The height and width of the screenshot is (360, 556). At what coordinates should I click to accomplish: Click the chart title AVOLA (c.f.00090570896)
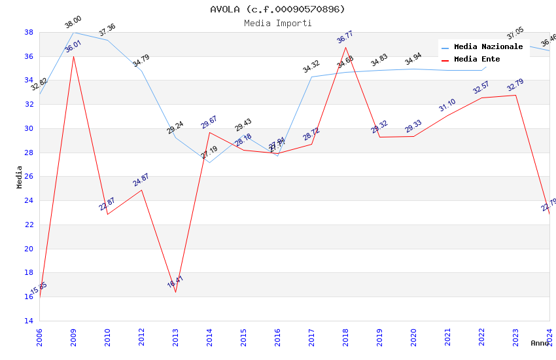tap(277, 9)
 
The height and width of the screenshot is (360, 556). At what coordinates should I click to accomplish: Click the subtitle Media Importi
tap(277, 23)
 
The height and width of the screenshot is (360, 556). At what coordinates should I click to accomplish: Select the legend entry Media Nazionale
tap(488, 47)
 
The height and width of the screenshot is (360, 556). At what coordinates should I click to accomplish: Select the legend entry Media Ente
tap(477, 60)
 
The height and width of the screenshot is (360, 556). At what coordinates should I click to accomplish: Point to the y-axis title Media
tap(20, 177)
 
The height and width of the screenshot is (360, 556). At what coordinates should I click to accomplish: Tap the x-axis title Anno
tap(540, 343)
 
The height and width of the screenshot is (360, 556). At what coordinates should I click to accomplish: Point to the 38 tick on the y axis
tap(29, 32)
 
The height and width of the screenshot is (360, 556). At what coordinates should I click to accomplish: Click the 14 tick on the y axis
tap(29, 321)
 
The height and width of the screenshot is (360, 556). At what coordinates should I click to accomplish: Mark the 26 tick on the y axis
tap(29, 177)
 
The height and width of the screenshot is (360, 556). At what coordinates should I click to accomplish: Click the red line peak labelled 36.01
tap(73, 56)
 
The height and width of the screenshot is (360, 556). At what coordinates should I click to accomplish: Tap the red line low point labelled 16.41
tap(175, 292)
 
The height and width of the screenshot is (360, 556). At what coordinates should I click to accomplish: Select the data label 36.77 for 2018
tap(345, 37)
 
